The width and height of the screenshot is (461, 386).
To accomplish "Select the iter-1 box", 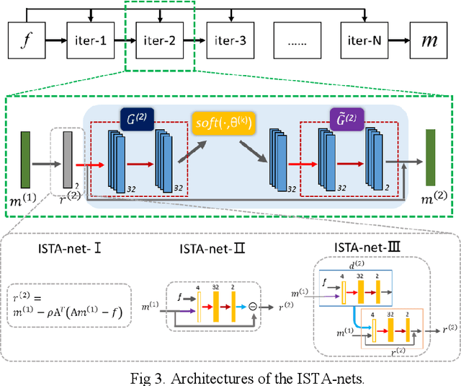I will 90,40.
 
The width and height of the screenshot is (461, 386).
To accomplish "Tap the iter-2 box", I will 159,40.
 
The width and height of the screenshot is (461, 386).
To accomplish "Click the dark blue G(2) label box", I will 136,115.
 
